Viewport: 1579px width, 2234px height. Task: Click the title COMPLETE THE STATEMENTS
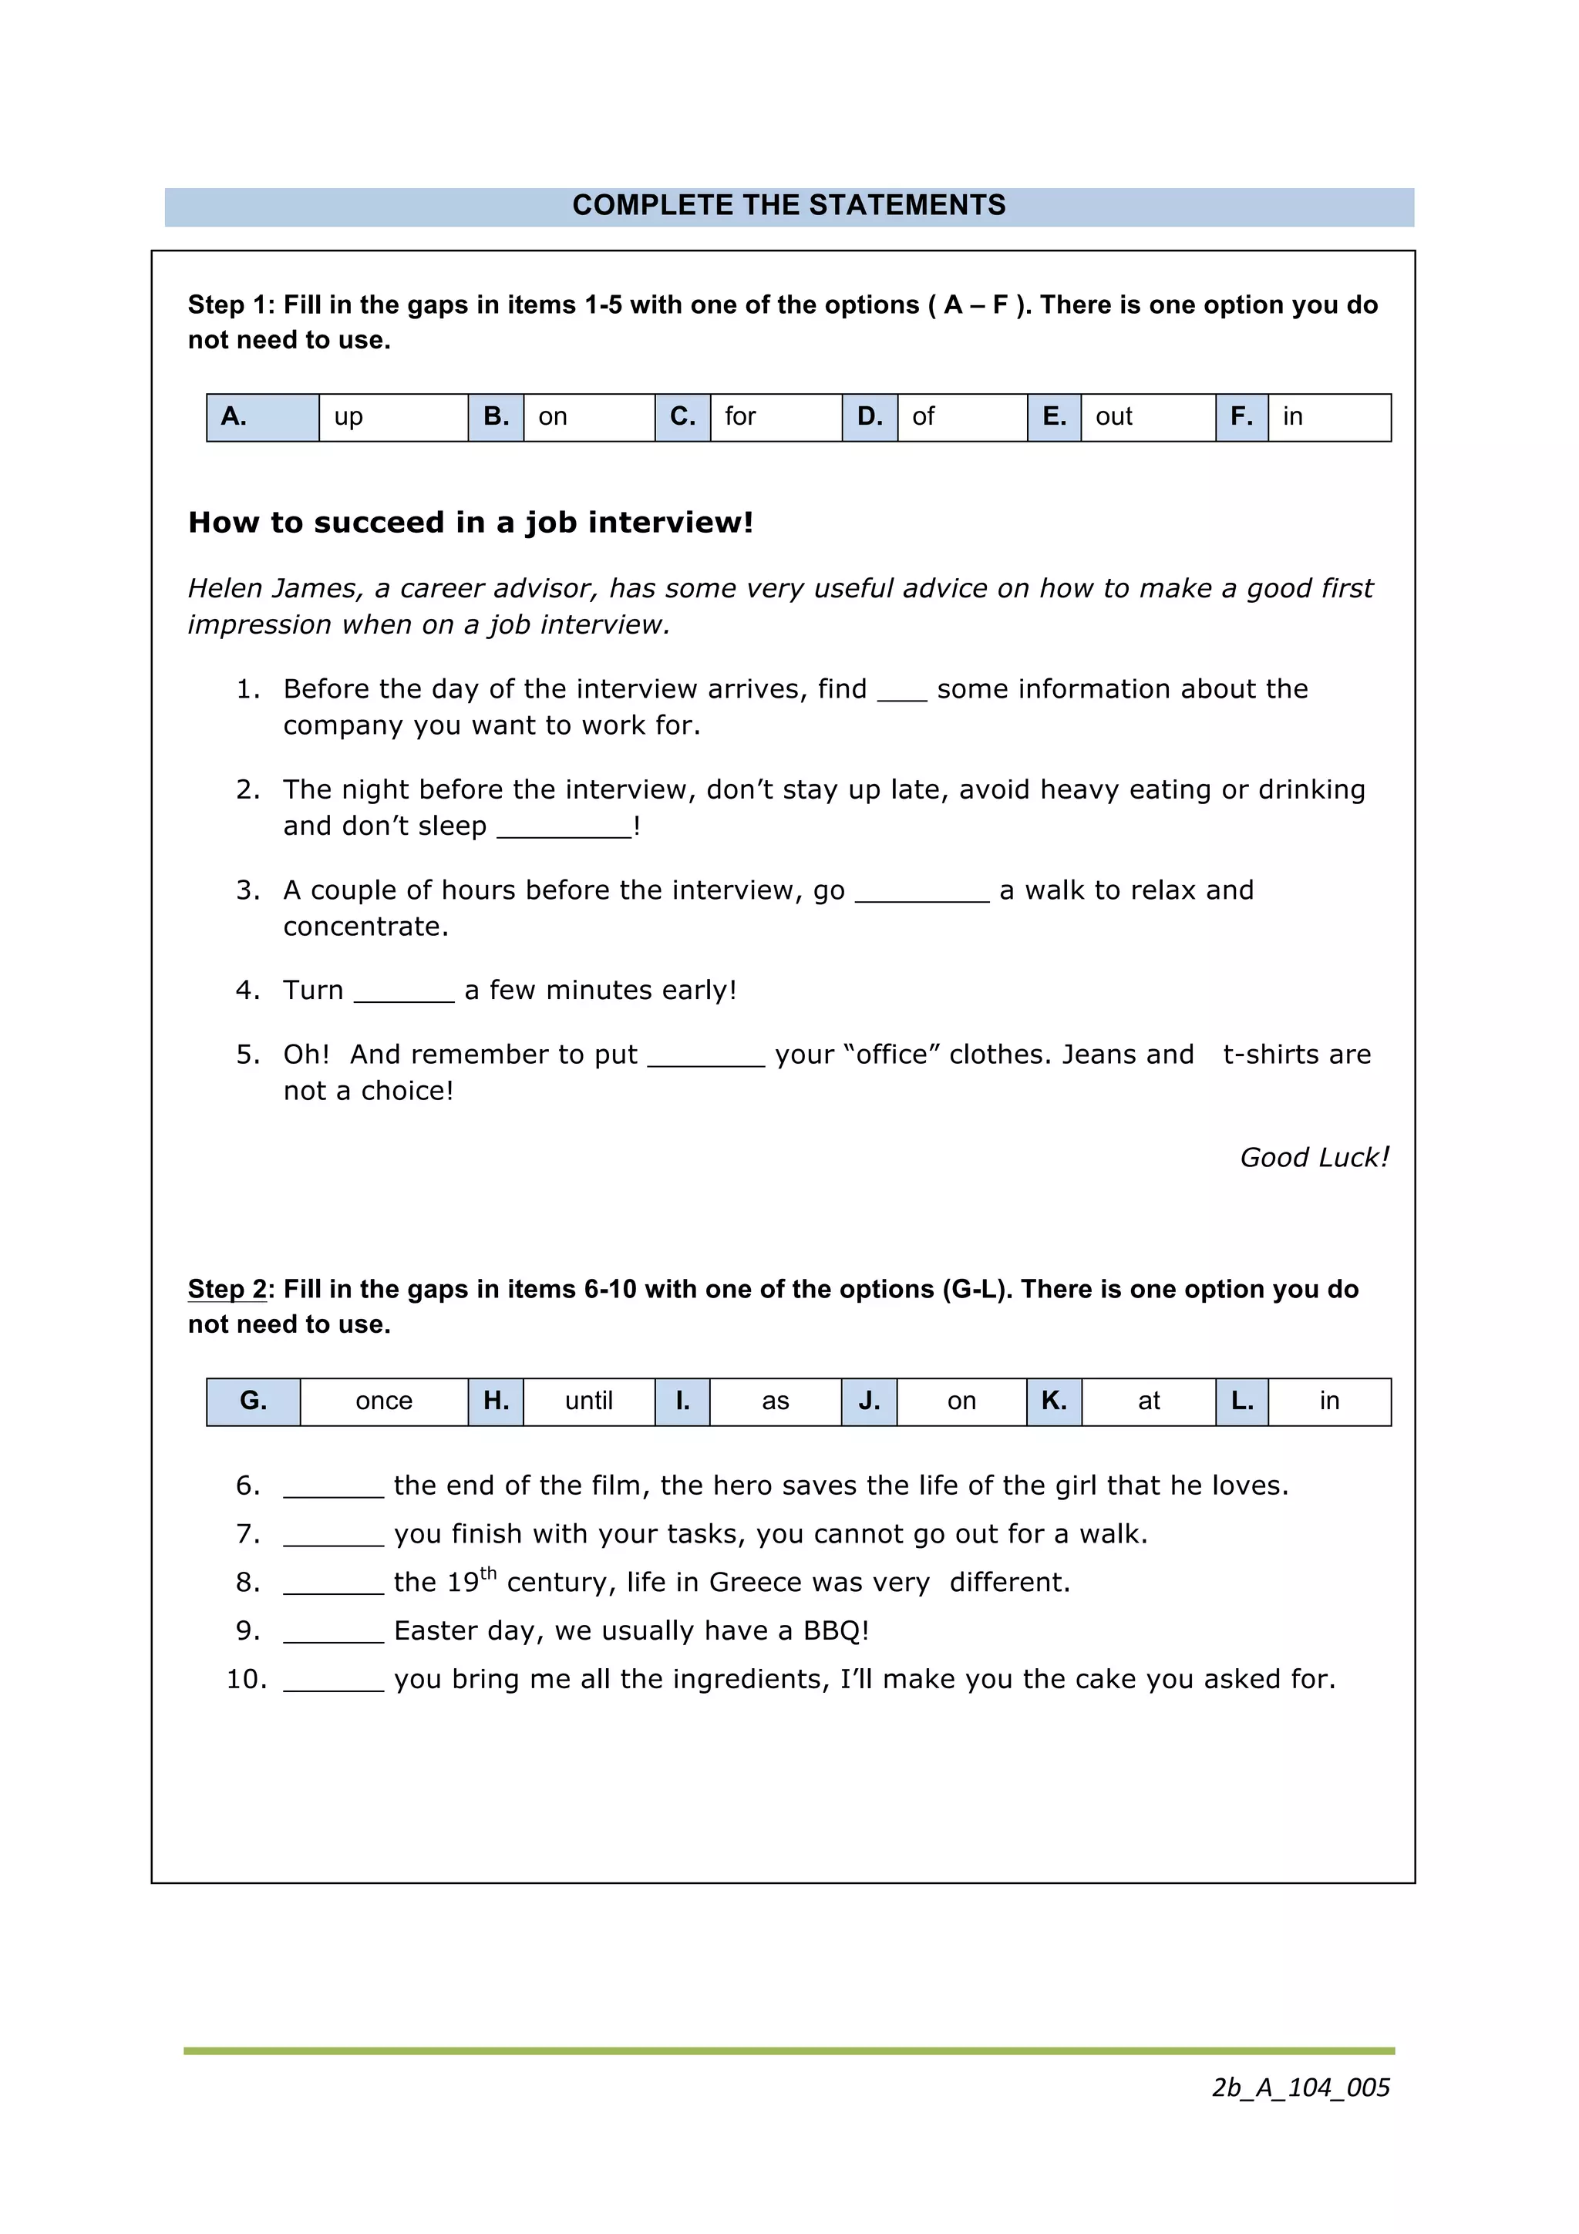point(788,205)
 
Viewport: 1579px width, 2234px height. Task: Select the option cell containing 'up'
point(393,417)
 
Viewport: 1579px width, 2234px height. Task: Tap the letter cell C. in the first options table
point(682,417)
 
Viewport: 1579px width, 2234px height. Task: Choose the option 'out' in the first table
point(1147,417)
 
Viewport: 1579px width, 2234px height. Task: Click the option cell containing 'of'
point(961,417)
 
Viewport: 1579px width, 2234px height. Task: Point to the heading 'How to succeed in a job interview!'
point(471,523)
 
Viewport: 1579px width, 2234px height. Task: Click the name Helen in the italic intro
point(224,589)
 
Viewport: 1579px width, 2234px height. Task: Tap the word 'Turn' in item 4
point(313,991)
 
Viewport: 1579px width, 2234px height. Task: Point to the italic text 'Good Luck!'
point(1314,1158)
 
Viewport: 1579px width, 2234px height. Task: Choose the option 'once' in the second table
point(383,1401)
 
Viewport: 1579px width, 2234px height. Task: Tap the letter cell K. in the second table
point(1054,1401)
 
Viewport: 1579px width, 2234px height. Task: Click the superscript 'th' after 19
point(488,1573)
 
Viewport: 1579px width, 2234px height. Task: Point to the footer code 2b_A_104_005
point(1300,2087)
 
